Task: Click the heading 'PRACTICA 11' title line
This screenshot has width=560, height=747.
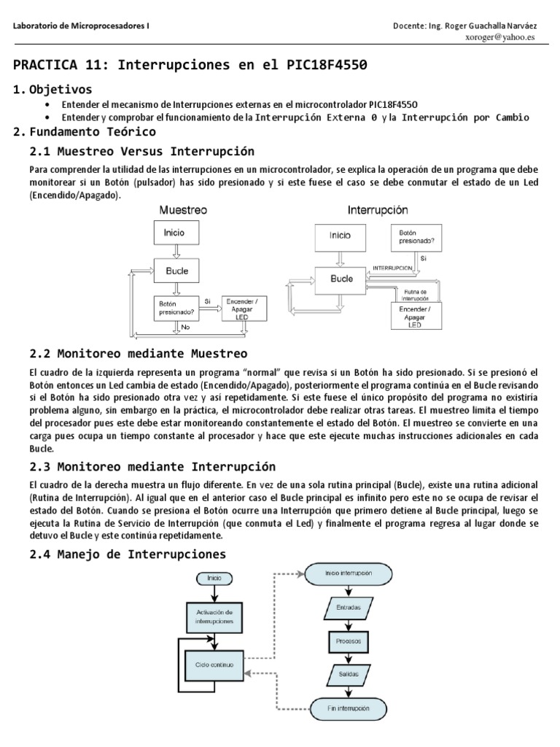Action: (x=190, y=65)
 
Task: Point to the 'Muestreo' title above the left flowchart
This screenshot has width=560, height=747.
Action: (x=183, y=209)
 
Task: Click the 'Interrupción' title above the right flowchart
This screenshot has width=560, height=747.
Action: (x=377, y=209)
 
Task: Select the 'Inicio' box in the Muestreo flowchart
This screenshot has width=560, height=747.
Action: (x=174, y=233)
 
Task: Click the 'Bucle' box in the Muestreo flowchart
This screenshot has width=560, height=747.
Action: (x=176, y=270)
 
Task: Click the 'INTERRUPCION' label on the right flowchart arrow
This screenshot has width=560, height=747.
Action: (x=392, y=268)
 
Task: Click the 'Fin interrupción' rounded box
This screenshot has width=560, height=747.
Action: (x=343, y=708)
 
